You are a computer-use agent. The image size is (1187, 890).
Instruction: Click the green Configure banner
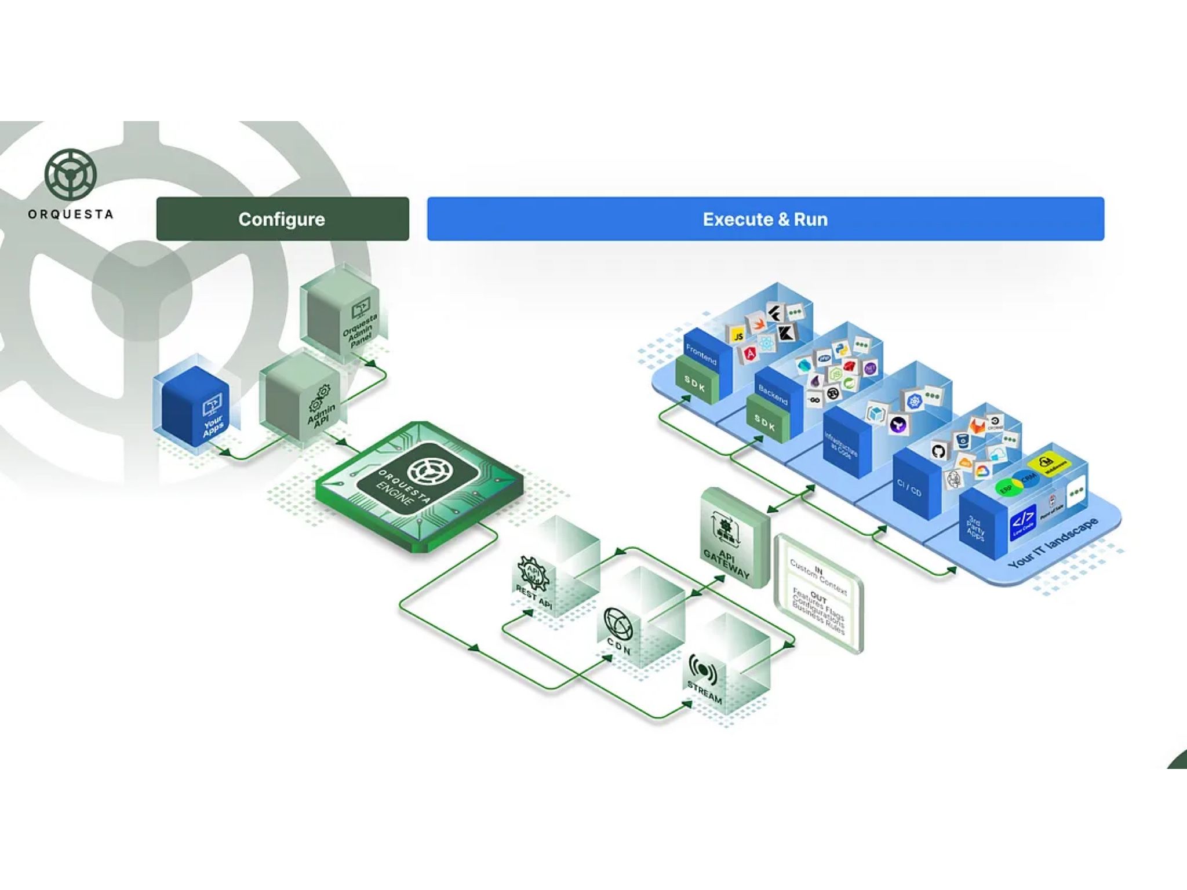(282, 219)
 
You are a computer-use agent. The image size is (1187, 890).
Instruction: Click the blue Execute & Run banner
(765, 219)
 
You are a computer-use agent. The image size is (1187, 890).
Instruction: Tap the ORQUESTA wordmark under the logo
(70, 214)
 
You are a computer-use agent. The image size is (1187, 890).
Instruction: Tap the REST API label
(534, 597)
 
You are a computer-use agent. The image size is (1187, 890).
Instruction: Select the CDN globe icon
(618, 623)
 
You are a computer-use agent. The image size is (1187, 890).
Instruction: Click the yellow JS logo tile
(738, 336)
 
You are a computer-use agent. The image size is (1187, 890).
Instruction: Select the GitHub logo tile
(938, 451)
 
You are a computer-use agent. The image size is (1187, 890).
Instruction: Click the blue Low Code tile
(1022, 521)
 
